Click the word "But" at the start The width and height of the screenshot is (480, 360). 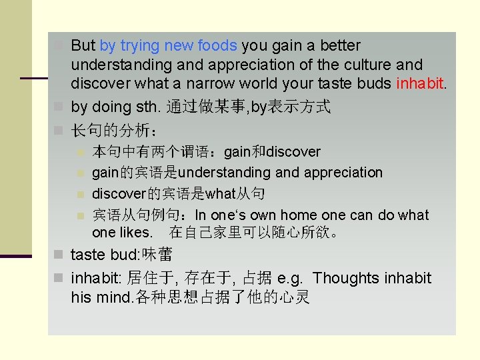pos(83,46)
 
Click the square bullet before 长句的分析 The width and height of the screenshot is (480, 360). pos(59,128)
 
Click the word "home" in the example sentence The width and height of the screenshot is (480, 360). pos(299,215)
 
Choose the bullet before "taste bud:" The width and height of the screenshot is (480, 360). pos(59,255)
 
